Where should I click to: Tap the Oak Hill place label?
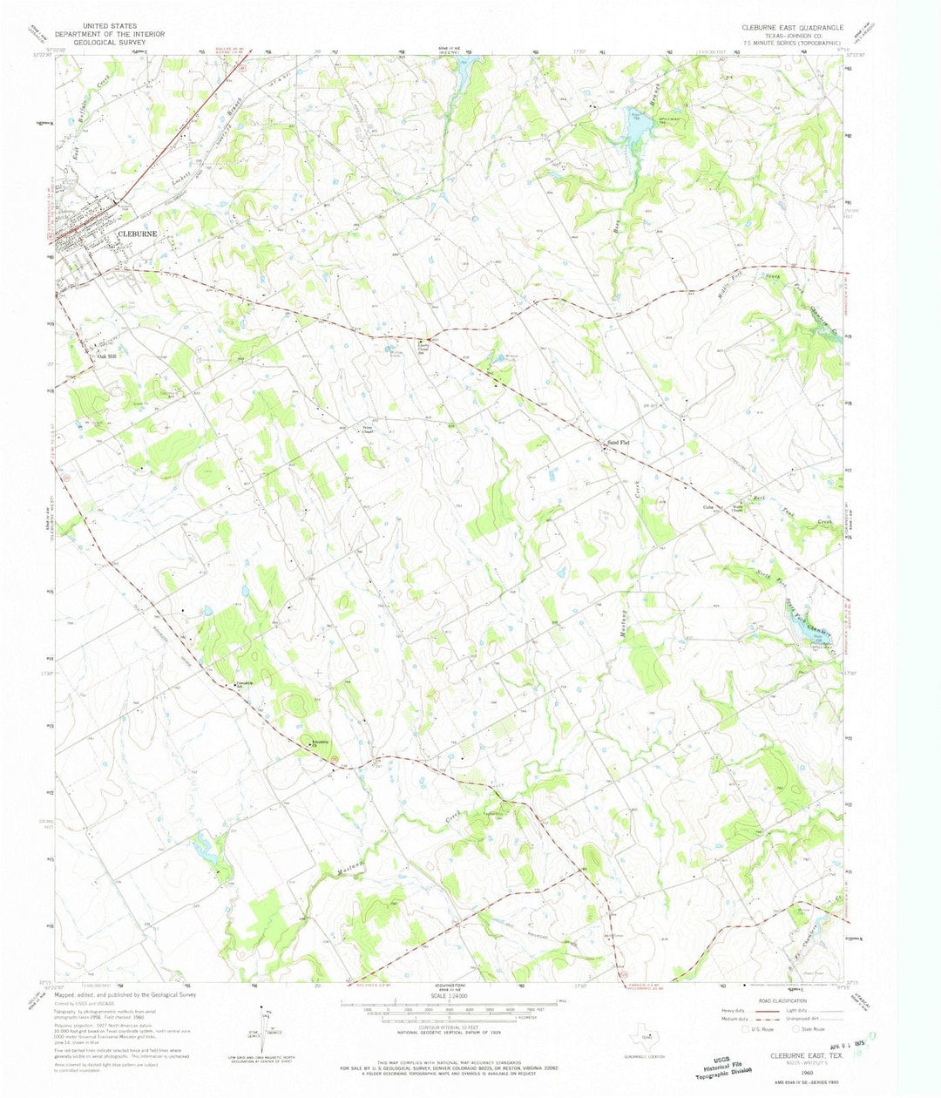click(106, 356)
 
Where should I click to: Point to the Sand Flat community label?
click(617, 444)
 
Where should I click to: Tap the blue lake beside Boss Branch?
click(639, 126)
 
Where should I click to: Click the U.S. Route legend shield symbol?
click(745, 1029)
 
